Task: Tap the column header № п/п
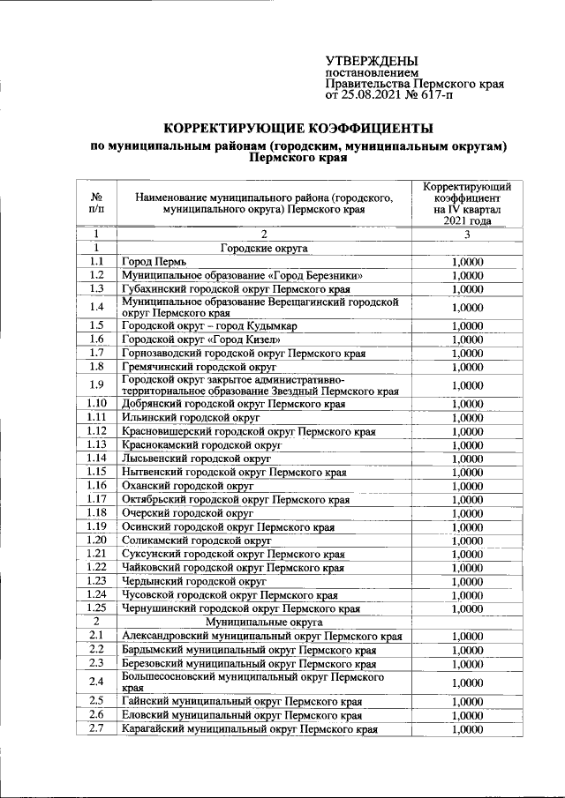point(97,204)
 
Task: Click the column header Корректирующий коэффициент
point(466,194)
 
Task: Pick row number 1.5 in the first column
point(97,326)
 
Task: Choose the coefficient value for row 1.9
point(467,385)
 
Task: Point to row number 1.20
point(97,540)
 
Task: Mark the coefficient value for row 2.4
point(467,682)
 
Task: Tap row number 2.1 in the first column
point(97,636)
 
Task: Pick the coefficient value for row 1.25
point(467,608)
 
